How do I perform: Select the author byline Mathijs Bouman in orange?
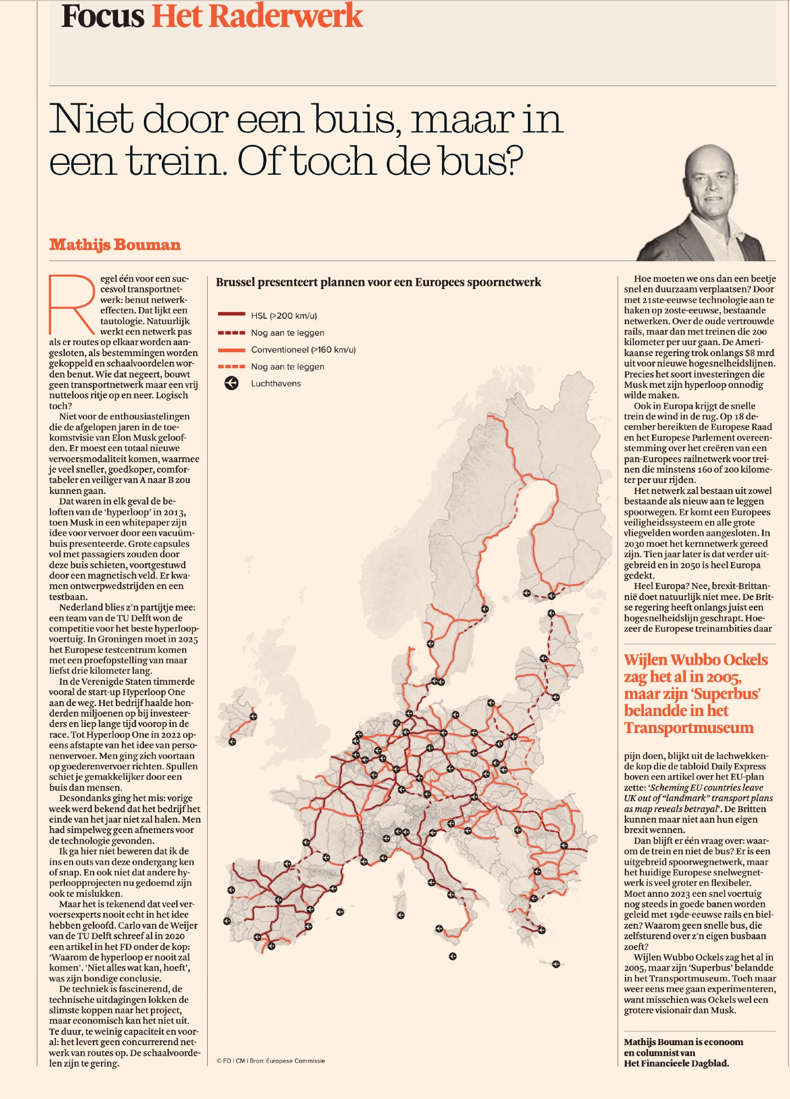(115, 245)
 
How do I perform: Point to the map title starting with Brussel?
(378, 282)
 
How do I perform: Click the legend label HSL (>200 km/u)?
(283, 316)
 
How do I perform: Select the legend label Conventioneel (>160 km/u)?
(303, 350)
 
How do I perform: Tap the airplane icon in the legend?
(231, 384)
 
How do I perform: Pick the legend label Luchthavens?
(276, 384)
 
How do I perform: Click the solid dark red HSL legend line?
(231, 315)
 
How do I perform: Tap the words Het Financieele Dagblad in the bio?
(676, 1063)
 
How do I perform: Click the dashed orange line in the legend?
(231, 367)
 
